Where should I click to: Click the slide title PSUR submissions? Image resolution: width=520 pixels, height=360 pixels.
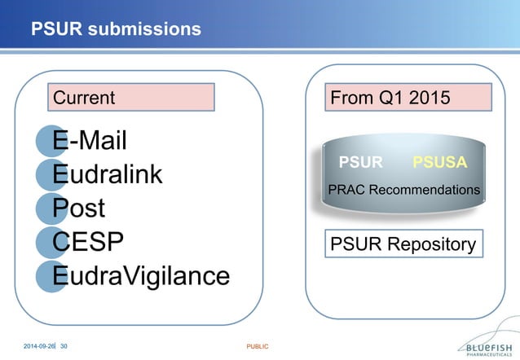116,29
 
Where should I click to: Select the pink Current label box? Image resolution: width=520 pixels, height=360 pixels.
131,98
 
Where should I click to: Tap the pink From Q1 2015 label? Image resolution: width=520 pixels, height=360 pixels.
408,98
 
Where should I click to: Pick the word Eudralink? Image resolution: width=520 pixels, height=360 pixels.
108,174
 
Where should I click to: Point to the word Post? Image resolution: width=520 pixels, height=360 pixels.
80,209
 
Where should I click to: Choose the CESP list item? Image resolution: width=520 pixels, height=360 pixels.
88,243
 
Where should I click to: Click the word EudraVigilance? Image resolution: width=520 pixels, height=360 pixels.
141,277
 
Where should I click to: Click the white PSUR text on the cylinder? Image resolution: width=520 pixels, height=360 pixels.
360,162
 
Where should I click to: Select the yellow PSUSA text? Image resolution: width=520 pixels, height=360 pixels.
439,162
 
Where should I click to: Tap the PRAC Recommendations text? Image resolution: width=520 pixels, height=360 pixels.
403,190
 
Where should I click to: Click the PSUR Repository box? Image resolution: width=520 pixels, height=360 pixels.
403,244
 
